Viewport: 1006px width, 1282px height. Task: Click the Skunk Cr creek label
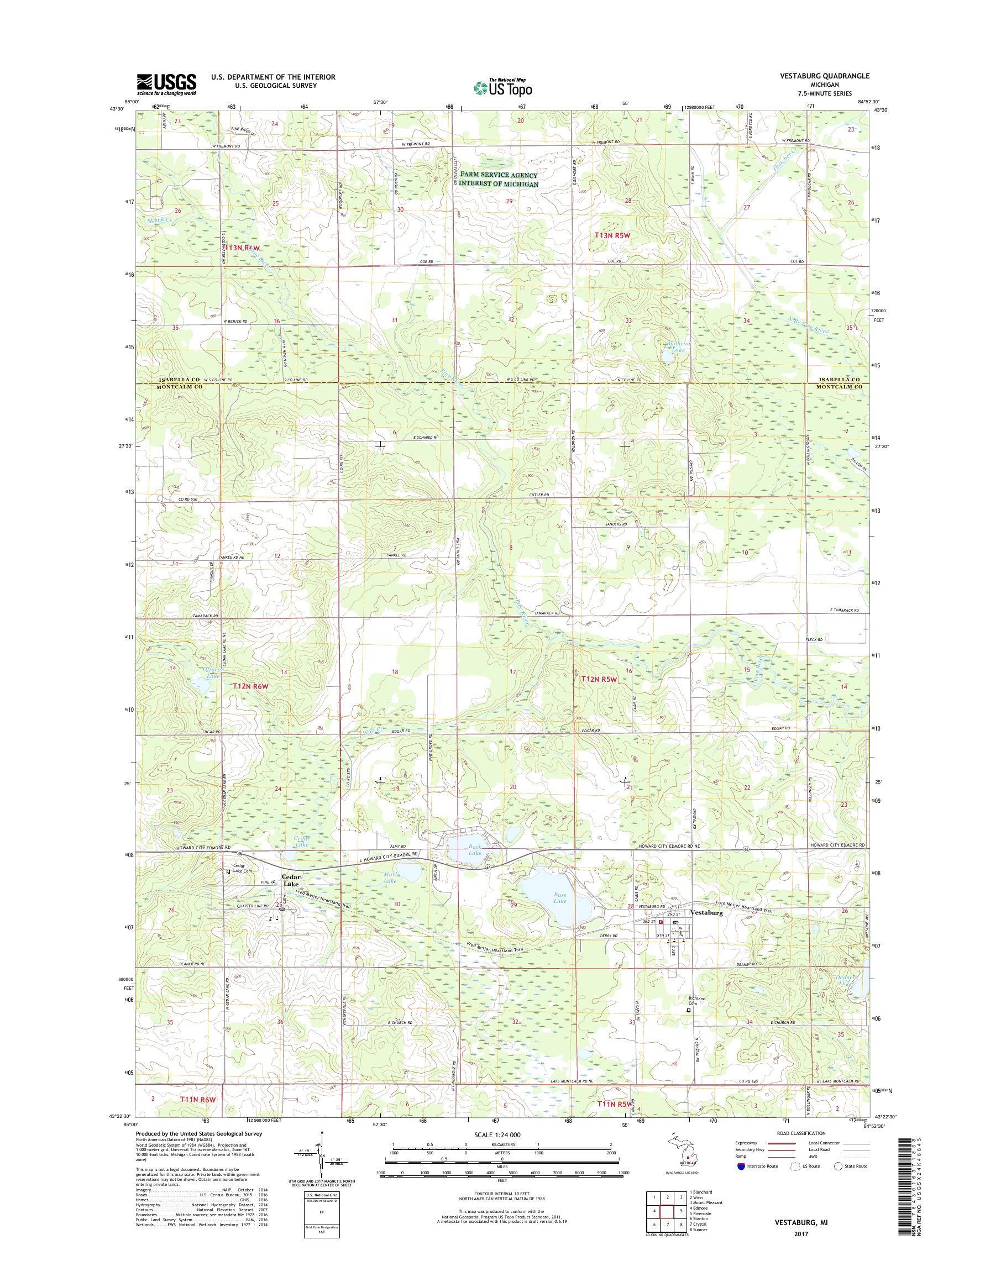(161, 219)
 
